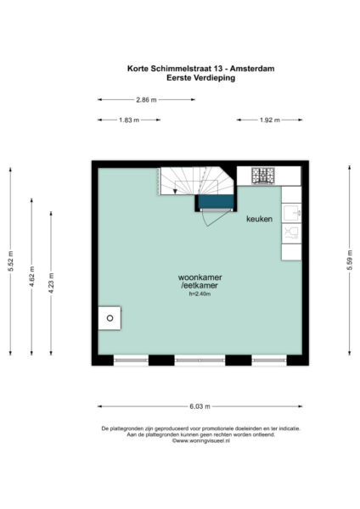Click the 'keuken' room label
(x=259, y=219)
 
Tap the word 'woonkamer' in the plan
(x=199, y=278)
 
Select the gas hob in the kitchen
(x=264, y=176)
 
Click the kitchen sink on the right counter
(x=291, y=212)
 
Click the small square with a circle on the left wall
(x=109, y=319)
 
